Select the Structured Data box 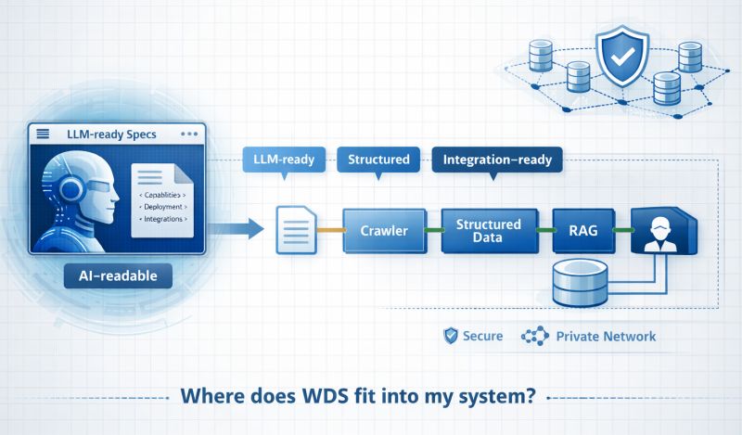coord(489,230)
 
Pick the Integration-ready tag coord(497,160)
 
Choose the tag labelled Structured coord(378,160)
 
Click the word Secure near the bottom coord(482,336)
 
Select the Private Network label coord(605,336)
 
